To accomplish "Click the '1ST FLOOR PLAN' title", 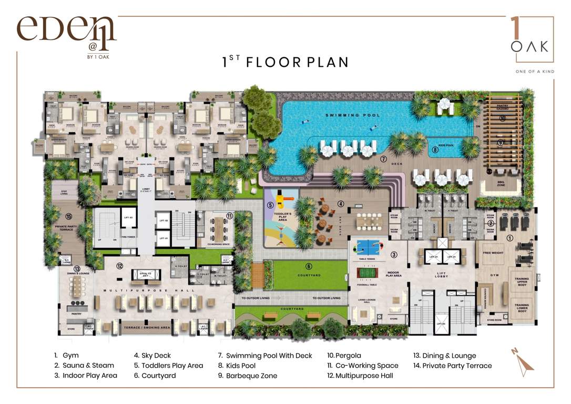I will click(285, 62).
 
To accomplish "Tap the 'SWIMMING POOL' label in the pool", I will click(352, 115).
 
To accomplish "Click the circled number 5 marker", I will click(270, 206).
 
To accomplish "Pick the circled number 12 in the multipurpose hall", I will click(120, 266).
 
